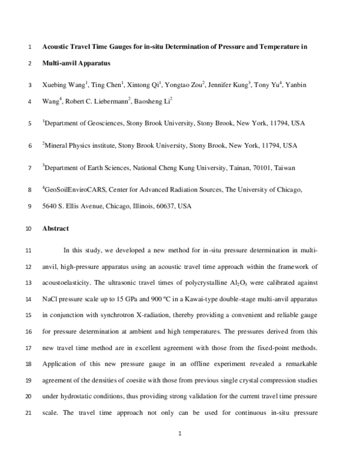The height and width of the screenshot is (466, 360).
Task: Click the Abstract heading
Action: pos(55,229)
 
